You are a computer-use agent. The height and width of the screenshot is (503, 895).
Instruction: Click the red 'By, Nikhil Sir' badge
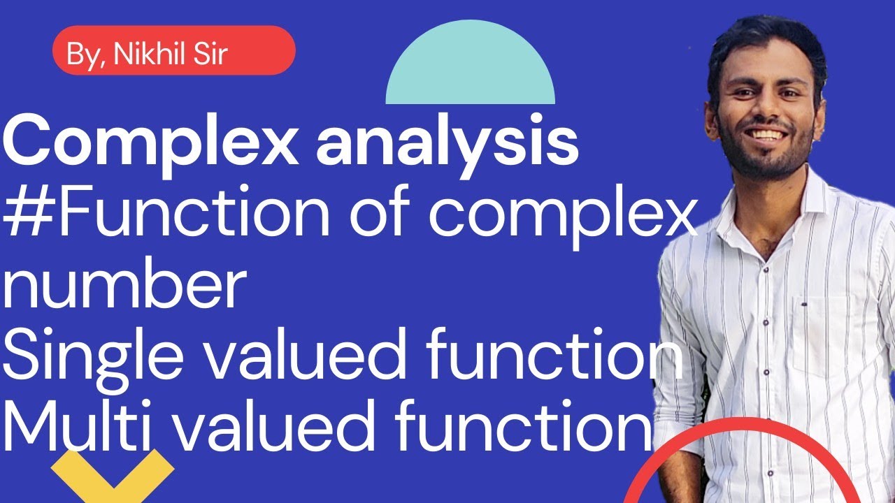coord(173,50)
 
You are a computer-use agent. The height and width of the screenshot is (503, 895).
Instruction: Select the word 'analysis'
coord(447,143)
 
